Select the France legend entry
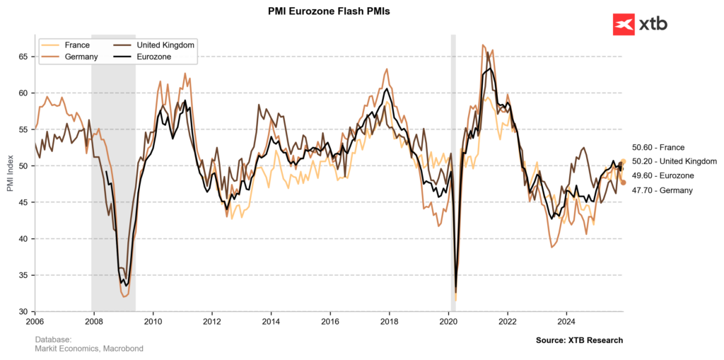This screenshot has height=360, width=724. click(x=76, y=45)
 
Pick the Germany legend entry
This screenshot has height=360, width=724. click(x=80, y=57)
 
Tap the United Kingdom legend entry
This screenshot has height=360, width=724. click(x=165, y=45)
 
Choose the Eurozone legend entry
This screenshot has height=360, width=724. click(x=153, y=57)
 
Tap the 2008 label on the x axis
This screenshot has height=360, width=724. click(x=95, y=321)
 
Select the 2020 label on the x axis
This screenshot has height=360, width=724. click(x=449, y=321)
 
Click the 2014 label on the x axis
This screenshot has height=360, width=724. click(x=271, y=321)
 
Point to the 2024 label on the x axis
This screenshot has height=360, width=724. click(x=567, y=321)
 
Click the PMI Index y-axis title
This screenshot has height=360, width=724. click(x=10, y=173)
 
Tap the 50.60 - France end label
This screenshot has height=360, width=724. click(x=658, y=147)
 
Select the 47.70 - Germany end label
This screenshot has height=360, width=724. click(x=662, y=190)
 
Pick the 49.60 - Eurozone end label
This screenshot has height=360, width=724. click(x=663, y=175)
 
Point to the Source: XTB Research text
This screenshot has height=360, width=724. click(x=579, y=340)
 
